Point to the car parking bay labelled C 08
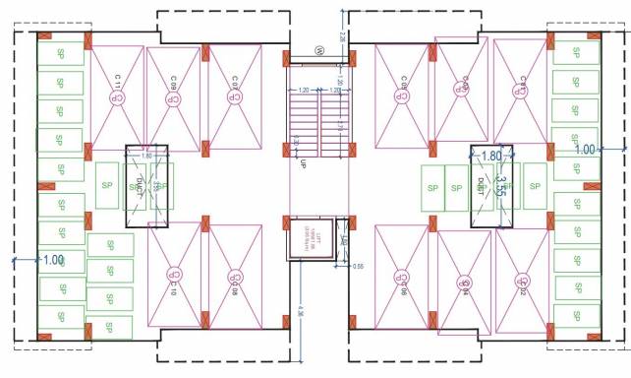[234, 278]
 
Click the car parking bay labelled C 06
[404, 279]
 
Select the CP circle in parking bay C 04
[464, 284]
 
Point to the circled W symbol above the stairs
[318, 50]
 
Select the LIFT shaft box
[309, 240]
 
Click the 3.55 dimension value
[500, 188]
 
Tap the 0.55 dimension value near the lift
[358, 266]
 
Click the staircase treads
[317, 127]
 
